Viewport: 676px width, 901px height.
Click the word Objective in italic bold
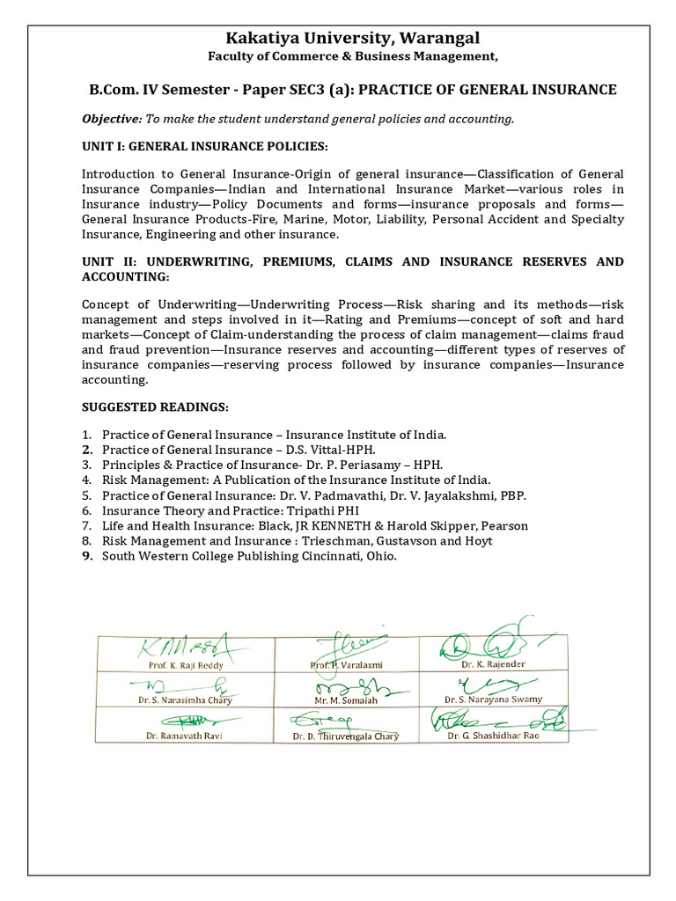click(111, 119)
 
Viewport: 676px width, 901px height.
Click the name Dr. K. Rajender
click(493, 664)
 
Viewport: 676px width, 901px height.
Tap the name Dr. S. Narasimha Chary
click(185, 700)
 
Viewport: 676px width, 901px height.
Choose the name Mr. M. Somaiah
click(345, 700)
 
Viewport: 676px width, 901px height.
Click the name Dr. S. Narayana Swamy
click(493, 700)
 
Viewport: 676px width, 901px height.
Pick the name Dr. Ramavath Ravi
click(184, 736)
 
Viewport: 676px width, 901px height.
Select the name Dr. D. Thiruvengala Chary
click(345, 736)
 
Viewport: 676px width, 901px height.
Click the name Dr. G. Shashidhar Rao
click(493, 736)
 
